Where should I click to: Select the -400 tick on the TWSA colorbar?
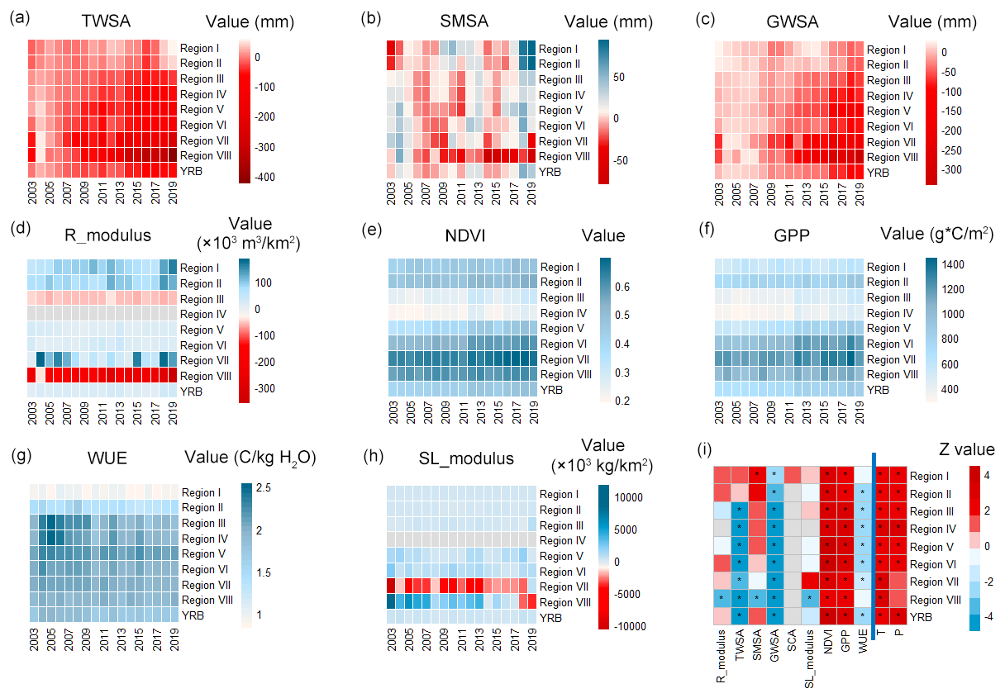(x=268, y=177)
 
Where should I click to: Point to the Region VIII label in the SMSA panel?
(x=564, y=156)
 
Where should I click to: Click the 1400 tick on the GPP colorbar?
(x=957, y=264)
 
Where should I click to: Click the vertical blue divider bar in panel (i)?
(x=874, y=562)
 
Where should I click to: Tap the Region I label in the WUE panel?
(x=200, y=492)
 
